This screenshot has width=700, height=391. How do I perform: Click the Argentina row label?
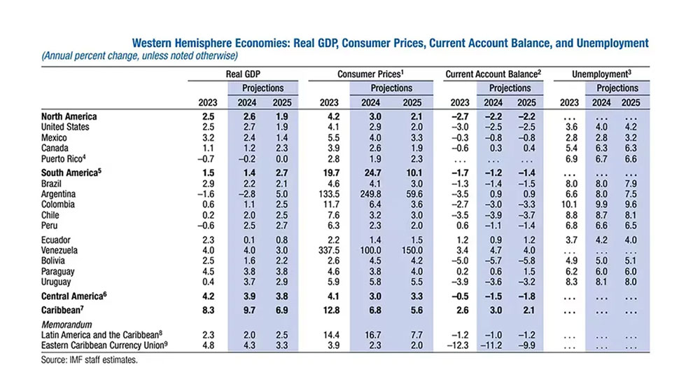59,193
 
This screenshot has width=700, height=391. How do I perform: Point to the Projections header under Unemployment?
617,88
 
